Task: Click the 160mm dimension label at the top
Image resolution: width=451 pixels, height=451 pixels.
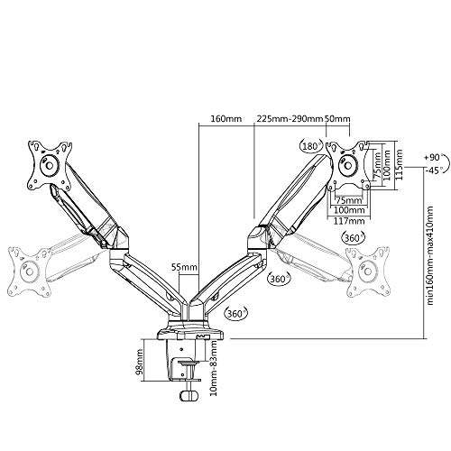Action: (x=225, y=118)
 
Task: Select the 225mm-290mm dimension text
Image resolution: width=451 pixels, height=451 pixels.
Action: (x=290, y=118)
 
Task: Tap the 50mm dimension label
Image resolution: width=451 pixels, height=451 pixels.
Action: (x=338, y=118)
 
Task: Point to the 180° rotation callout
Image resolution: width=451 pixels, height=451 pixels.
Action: (x=311, y=146)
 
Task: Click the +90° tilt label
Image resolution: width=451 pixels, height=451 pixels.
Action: (x=435, y=157)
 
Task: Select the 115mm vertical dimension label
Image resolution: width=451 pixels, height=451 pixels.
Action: (x=400, y=165)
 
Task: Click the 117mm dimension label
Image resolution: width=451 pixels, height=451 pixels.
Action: (x=349, y=221)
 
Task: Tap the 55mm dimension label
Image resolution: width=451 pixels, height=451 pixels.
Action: (x=184, y=267)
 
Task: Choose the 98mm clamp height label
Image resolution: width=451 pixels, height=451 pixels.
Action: (x=140, y=361)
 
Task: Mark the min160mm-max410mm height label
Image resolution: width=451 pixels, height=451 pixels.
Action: (x=430, y=255)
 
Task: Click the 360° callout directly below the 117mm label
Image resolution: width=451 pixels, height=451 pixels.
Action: (x=354, y=238)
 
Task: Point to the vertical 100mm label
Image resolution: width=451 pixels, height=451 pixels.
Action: (x=387, y=165)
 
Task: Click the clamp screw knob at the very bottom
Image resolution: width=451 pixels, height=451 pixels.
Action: (x=189, y=395)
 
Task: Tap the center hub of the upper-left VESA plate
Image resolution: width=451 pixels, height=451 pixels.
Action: (x=49, y=165)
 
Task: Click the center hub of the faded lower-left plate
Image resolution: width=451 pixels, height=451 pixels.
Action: (x=30, y=272)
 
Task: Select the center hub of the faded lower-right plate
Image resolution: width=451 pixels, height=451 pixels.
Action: (x=367, y=272)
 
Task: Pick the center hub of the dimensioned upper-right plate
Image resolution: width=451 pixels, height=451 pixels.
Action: (x=348, y=165)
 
